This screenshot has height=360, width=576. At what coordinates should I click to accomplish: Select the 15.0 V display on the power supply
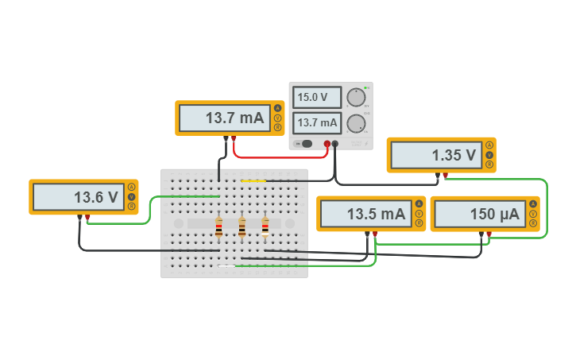(x=317, y=98)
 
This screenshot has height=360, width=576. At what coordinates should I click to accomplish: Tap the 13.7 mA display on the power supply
(x=317, y=123)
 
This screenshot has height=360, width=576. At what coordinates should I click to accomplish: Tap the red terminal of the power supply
(x=327, y=144)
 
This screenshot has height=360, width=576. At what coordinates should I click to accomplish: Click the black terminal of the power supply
(x=335, y=144)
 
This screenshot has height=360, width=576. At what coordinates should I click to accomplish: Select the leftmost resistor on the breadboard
(x=218, y=228)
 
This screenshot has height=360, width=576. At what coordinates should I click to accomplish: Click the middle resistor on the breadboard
(x=242, y=228)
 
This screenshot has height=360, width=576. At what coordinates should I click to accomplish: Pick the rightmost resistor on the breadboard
(x=265, y=228)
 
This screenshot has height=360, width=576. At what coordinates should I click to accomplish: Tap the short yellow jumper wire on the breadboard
(x=253, y=181)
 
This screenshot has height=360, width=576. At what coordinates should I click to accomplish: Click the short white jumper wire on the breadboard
(x=226, y=265)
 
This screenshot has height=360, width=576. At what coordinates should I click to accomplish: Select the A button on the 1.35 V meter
(x=489, y=145)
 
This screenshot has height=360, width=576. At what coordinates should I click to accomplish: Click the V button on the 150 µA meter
(x=533, y=214)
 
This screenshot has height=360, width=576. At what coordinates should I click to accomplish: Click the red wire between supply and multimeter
(x=278, y=157)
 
